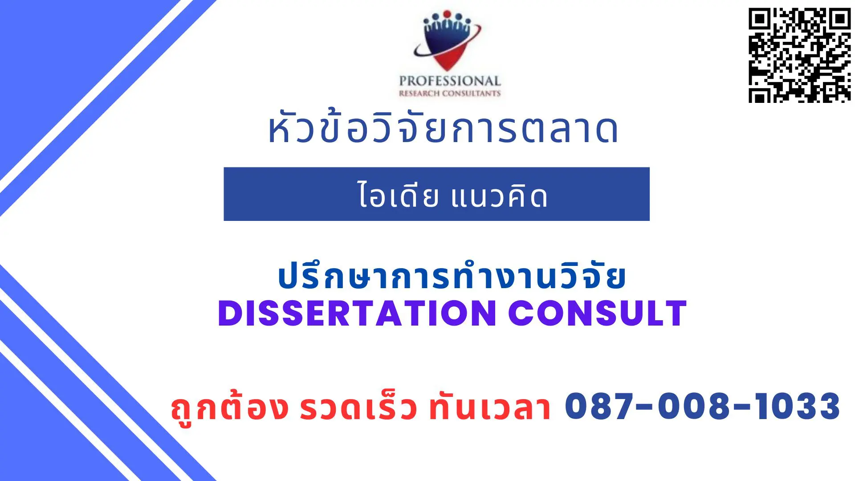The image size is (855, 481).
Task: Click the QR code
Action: [799, 55]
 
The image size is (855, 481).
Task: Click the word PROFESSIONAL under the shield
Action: [450, 81]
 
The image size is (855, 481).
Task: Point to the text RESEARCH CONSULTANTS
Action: [450, 94]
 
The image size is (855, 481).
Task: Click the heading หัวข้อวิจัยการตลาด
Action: [443, 129]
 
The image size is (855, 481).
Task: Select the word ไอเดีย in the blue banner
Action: [398, 196]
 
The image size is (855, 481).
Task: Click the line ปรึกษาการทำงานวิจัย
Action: [452, 277]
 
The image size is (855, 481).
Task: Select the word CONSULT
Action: [597, 314]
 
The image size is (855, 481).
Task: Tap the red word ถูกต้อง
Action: [230, 408]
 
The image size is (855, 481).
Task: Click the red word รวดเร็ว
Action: [358, 408]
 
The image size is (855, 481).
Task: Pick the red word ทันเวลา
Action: [490, 408]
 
